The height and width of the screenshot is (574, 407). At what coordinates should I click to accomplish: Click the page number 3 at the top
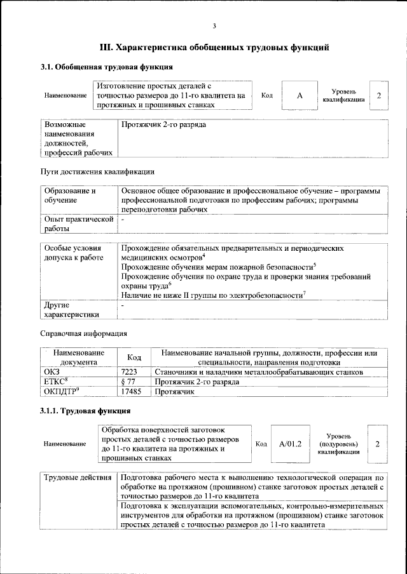coord(214,26)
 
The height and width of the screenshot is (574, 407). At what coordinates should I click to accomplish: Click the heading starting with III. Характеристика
coord(214,47)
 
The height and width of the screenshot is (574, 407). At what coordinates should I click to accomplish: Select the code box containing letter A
coord(300,95)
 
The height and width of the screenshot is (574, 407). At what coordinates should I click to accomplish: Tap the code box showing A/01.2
coord(289,443)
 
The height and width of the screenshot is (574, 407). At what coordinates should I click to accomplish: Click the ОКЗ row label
coord(52,371)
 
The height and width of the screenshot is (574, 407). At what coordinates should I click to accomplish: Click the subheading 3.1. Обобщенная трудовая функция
coord(106,67)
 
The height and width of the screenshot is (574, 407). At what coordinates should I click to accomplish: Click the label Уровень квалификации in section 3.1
coord(343,95)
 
